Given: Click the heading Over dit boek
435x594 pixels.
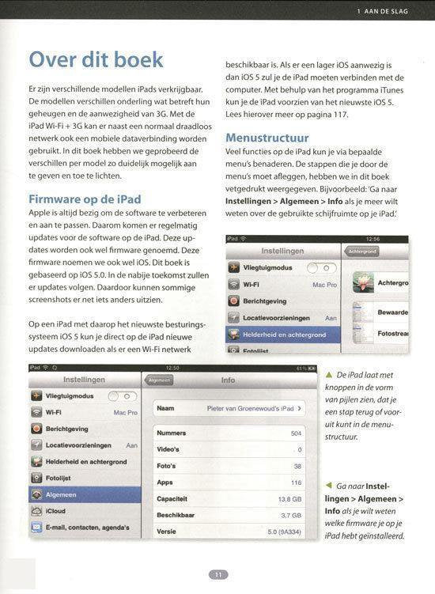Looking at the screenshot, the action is pyautogui.click(x=96, y=60).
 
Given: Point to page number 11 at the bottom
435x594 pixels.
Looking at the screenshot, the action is pyautogui.click(x=217, y=575).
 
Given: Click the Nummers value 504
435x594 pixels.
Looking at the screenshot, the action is pyautogui.click(x=296, y=433).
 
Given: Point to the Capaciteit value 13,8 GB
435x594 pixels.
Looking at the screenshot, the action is pyautogui.click(x=289, y=499).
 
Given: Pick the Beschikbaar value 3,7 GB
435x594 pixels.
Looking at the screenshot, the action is pyautogui.click(x=290, y=515).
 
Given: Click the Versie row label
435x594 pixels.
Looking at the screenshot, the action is pyautogui.click(x=166, y=531).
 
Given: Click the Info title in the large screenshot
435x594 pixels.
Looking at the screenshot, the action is pyautogui.click(x=228, y=380).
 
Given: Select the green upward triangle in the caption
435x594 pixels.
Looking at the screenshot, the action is pyautogui.click(x=328, y=374).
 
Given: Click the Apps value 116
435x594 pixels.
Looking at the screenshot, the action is pyautogui.click(x=296, y=482).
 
